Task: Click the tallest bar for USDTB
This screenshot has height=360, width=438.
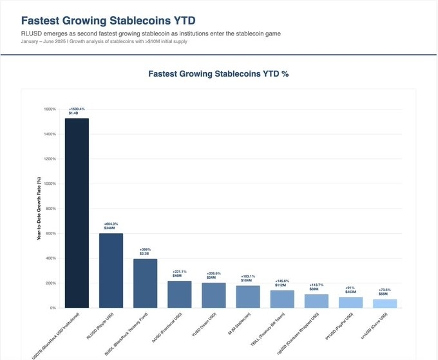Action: tap(77, 213)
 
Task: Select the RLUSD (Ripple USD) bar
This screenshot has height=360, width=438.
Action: tap(111, 270)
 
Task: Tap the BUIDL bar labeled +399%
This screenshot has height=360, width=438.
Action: tap(145, 283)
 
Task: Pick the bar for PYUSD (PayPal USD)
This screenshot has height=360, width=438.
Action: tap(351, 302)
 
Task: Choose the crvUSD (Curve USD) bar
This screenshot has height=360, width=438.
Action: tap(385, 303)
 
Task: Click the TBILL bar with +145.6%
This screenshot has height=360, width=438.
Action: tap(282, 299)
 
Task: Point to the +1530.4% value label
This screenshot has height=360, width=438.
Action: tap(77, 109)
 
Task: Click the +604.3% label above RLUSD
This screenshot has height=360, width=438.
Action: tap(111, 223)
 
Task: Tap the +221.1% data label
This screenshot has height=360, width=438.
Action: tap(180, 271)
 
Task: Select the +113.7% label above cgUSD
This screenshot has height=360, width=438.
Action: tap(317, 285)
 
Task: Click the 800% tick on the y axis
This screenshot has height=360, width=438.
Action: tap(51, 209)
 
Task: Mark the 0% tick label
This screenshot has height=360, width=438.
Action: tap(53, 308)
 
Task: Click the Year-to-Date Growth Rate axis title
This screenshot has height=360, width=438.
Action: tap(39, 209)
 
